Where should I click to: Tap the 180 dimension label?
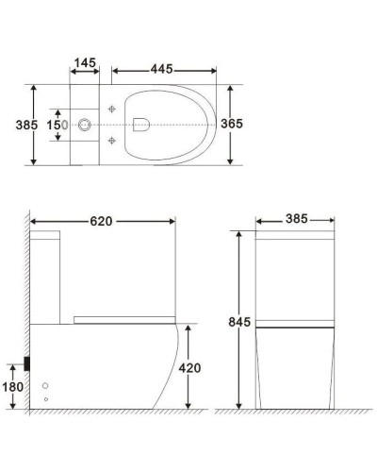pyautogui.click(x=12, y=386)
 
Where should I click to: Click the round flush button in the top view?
pyautogui.click(x=86, y=124)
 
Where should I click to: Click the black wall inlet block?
pyautogui.click(x=29, y=362)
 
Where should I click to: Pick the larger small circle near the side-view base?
pyautogui.click(x=46, y=386)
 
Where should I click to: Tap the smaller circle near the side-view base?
pyautogui.click(x=47, y=399)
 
